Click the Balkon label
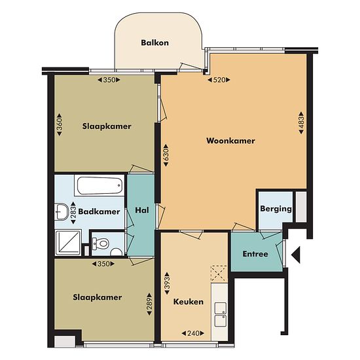[154, 43]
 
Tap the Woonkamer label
[230, 141]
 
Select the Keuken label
[189, 302]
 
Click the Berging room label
[276, 209]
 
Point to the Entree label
[255, 254]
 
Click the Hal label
[142, 210]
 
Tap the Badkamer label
[99, 211]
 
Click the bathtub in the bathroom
[99, 185]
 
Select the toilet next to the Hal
[100, 244]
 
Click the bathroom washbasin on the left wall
[62, 211]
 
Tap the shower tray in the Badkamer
[68, 243]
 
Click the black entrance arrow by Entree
[296, 255]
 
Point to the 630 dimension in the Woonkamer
[166, 155]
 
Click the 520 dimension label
[219, 80]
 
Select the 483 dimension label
[301, 122]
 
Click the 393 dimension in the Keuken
[167, 283]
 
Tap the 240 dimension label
[193, 333]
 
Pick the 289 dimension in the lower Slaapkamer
[149, 304]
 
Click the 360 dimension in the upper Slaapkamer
[60, 124]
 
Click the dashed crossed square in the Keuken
[219, 274]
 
